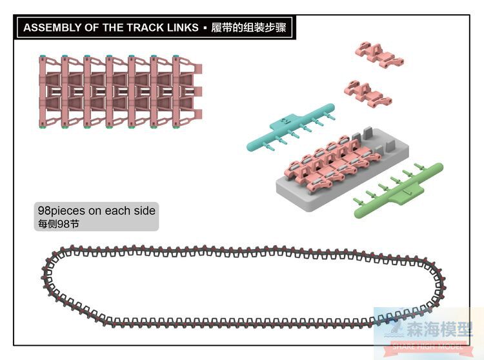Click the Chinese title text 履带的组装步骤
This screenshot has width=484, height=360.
(248, 28)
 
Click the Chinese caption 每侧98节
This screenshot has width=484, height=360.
(57, 224)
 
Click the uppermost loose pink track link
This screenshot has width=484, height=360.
(377, 55)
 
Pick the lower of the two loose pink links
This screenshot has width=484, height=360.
(368, 93)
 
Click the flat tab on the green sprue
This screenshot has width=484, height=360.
(411, 191)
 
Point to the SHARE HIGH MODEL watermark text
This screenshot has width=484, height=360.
(426, 347)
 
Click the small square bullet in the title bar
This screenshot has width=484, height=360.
(204, 28)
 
